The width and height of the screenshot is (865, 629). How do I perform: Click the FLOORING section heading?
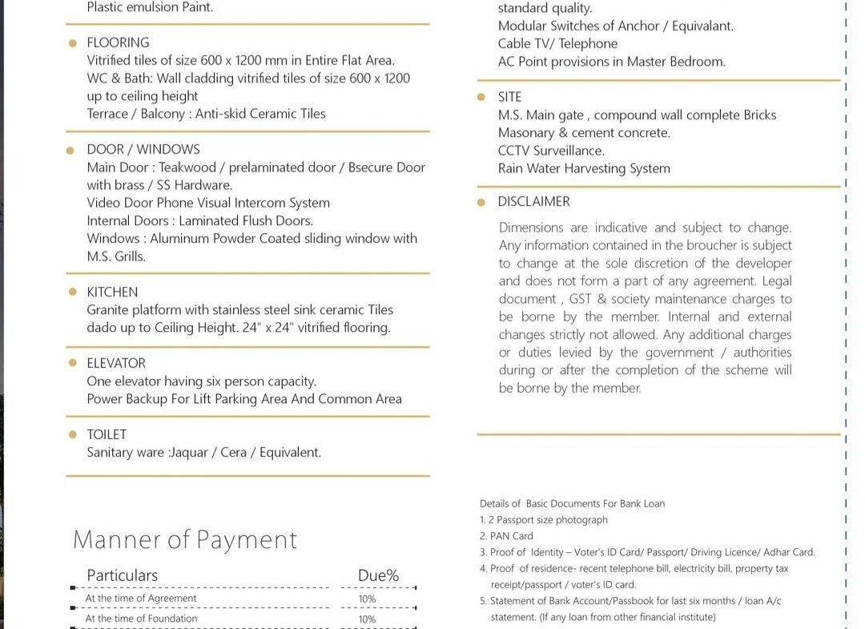[118, 42]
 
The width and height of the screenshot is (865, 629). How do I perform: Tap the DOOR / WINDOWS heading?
[143, 149]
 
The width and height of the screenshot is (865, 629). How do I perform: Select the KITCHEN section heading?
[112, 292]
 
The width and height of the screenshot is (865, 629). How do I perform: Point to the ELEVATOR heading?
[116, 363]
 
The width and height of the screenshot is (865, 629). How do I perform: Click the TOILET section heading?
[107, 434]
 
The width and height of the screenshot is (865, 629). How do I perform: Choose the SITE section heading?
[509, 97]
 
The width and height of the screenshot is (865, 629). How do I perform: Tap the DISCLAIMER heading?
[533, 201]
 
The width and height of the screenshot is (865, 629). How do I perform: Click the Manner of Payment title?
[185, 540]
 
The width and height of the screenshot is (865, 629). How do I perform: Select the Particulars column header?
[122, 575]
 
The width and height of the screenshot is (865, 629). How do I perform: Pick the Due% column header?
[378, 575]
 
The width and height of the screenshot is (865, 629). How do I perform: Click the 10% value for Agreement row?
[367, 599]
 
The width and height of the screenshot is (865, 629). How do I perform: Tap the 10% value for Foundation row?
[367, 619]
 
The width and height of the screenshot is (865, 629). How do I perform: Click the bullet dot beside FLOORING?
[73, 43]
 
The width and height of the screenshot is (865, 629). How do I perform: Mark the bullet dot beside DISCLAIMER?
[481, 202]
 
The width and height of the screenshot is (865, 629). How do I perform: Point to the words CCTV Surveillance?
[551, 151]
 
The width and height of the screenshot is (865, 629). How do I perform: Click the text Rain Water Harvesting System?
[584, 168]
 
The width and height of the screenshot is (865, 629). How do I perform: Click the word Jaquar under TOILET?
[191, 452]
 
